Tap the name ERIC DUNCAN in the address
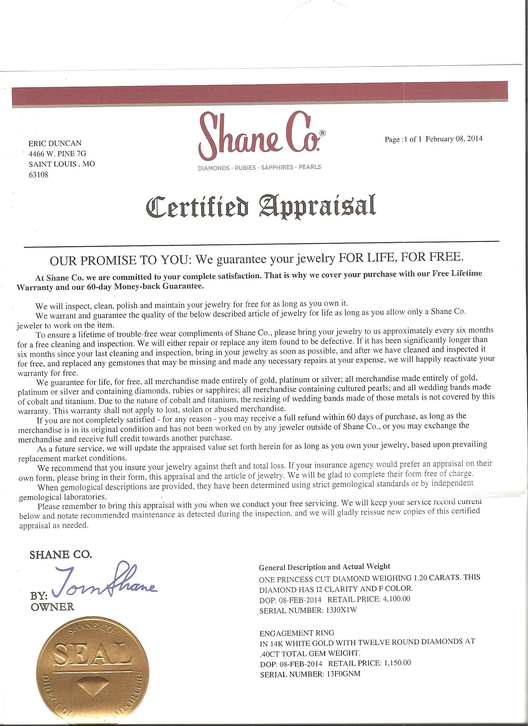tap(55, 143)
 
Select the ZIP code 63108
tap(39, 175)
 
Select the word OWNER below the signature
tap(52, 606)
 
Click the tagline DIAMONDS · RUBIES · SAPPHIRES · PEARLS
tap(259, 167)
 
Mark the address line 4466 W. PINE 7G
tap(57, 154)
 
